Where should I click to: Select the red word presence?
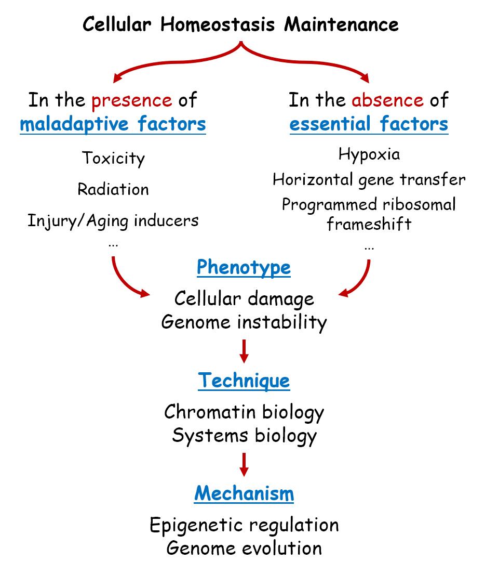point(131,100)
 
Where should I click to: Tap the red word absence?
point(387,100)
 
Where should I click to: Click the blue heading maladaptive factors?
point(113,124)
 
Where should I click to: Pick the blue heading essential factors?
point(369,124)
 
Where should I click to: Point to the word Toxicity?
point(113,158)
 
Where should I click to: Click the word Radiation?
point(113,189)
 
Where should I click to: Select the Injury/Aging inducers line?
point(113,220)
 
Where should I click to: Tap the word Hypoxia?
point(369,154)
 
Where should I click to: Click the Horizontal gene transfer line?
point(369,180)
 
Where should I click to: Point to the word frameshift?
point(369,225)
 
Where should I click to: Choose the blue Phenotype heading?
point(244,268)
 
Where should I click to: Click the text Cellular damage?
point(244,298)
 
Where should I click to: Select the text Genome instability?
point(244,322)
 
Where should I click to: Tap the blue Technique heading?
point(244,381)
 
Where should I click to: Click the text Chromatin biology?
point(244,412)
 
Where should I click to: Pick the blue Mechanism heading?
point(244,493)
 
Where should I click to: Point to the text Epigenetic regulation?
point(244,525)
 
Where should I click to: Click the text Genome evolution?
point(244,548)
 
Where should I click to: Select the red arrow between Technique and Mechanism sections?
point(244,464)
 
